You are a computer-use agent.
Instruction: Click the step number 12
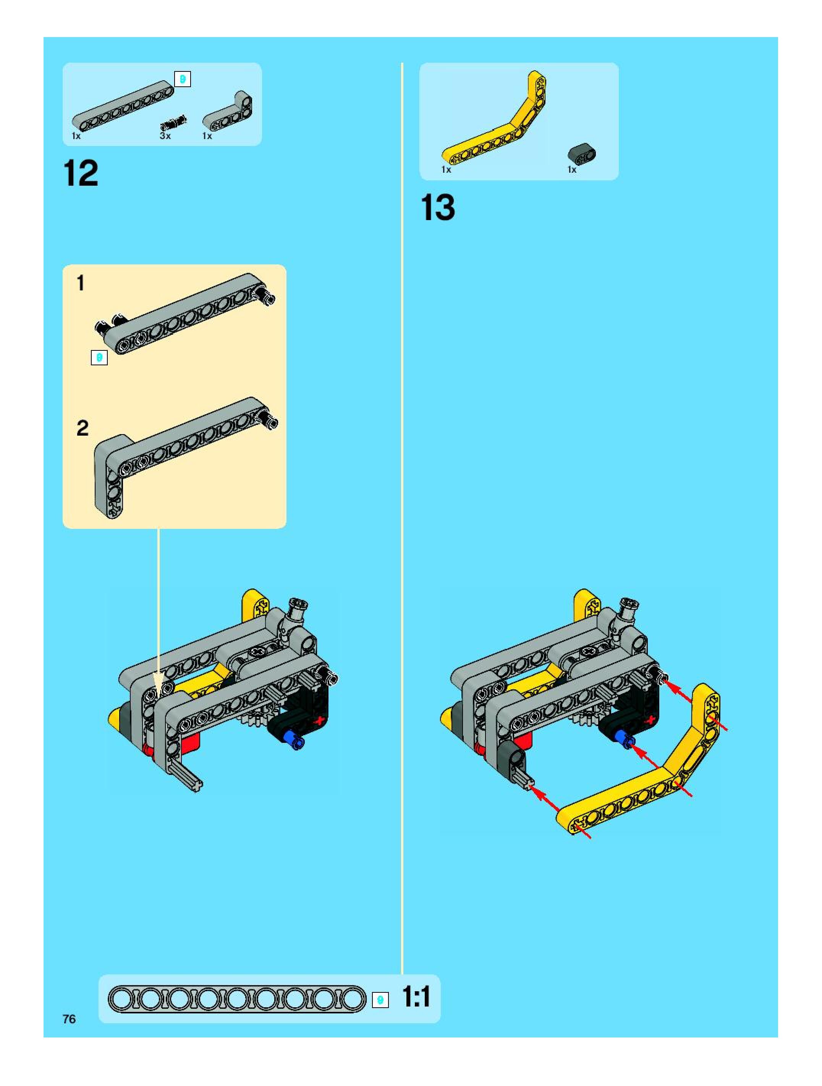81,173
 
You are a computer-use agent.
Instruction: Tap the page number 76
69,1019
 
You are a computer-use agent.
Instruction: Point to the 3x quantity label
165,136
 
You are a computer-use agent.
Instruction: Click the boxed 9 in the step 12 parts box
183,79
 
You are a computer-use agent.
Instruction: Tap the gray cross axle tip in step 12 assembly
197,785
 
